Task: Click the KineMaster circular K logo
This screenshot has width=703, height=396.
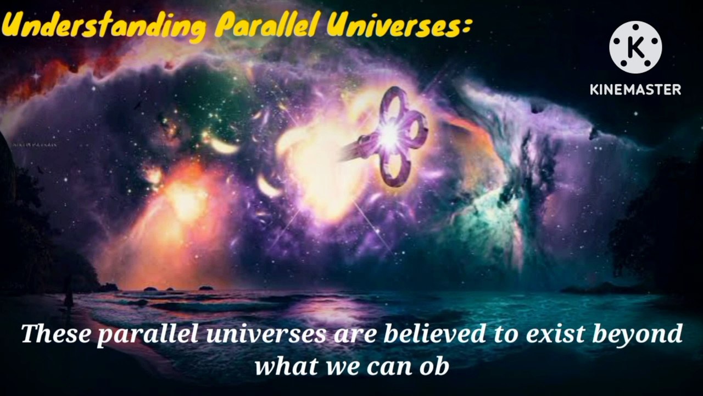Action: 635,47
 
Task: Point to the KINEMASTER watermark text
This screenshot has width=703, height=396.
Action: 635,89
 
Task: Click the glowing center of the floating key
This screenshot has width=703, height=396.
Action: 391,135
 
